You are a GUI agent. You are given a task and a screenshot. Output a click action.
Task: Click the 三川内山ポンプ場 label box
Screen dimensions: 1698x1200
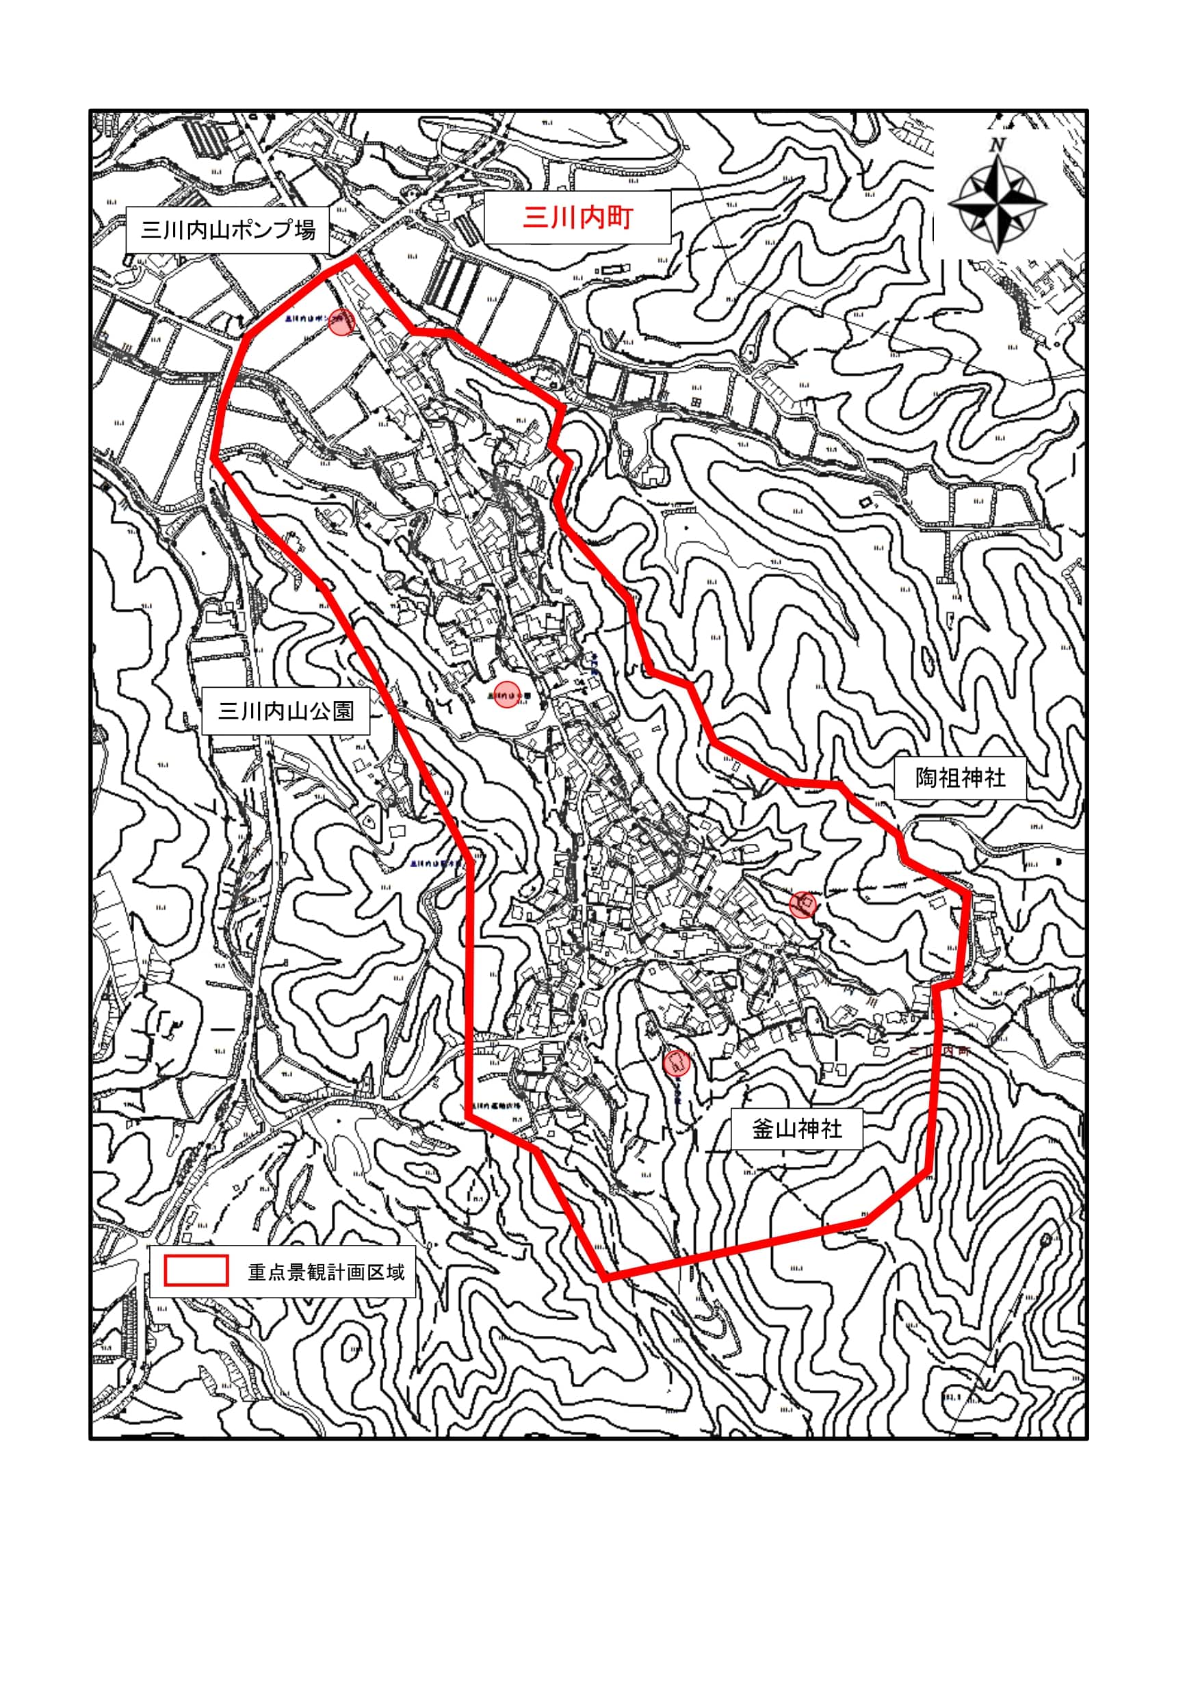(227, 229)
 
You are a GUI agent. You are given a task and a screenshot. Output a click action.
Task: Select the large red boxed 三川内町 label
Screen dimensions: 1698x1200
(577, 218)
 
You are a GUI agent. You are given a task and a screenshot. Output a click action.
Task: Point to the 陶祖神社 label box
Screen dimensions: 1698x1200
(960, 778)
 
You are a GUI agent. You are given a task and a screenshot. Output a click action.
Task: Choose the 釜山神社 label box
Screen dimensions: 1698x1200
(796, 1129)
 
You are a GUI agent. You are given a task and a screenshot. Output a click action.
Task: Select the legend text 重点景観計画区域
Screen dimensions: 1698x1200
(326, 1272)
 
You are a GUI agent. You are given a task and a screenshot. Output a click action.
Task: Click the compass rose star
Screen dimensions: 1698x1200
(997, 201)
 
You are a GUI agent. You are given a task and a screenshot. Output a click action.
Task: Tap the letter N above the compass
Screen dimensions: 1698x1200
(997, 145)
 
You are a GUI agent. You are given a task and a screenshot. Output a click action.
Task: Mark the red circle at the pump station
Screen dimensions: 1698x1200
(341, 322)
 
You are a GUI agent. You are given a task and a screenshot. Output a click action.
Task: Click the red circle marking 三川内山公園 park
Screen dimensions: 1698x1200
(506, 695)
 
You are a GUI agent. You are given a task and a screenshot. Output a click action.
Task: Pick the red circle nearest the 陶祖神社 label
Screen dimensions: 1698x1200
(803, 903)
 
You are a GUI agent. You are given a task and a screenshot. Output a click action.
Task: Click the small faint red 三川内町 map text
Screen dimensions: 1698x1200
(937, 1050)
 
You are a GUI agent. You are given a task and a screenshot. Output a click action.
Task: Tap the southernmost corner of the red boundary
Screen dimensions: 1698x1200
(605, 1278)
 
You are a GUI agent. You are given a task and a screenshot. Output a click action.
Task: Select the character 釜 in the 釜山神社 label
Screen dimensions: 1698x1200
(763, 1129)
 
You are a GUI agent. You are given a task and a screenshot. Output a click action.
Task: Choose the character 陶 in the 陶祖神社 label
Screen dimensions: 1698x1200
(926, 778)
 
